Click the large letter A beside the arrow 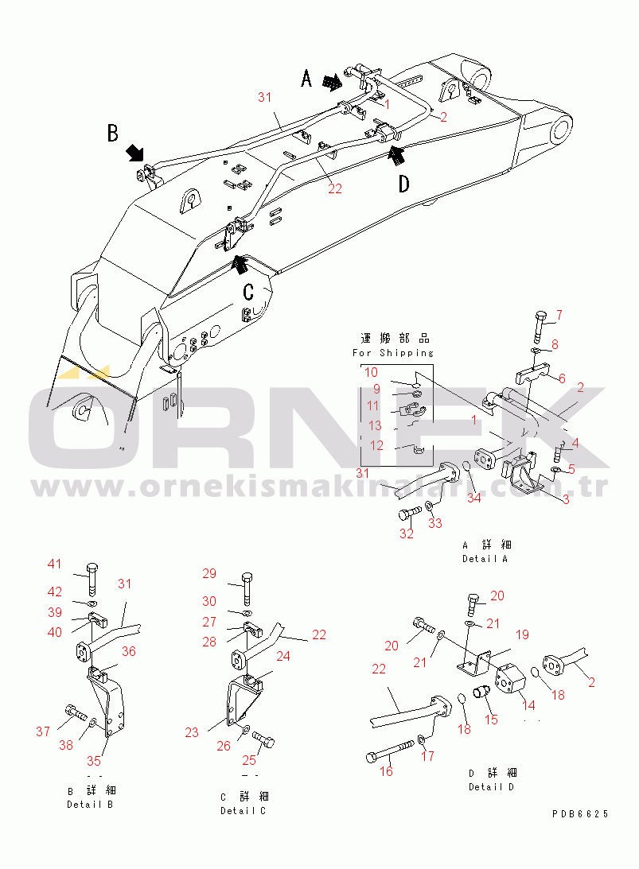pyautogui.click(x=306, y=78)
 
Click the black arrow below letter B pyautogui.click(x=134, y=153)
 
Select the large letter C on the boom pyautogui.click(x=248, y=292)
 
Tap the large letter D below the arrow pyautogui.click(x=404, y=184)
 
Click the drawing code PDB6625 pyautogui.click(x=580, y=813)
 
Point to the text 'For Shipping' pyautogui.click(x=393, y=353)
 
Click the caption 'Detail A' pyautogui.click(x=485, y=559)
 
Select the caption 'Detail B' pyautogui.click(x=90, y=804)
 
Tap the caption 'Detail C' pyautogui.click(x=243, y=811)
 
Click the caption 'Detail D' pyautogui.click(x=491, y=787)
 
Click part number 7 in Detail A pyautogui.click(x=559, y=315)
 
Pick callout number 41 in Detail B pyautogui.click(x=54, y=564)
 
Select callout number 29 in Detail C pyautogui.click(x=209, y=573)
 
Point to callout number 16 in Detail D pyautogui.click(x=386, y=771)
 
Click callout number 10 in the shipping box pyautogui.click(x=371, y=372)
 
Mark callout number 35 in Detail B pyautogui.click(x=94, y=760)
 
